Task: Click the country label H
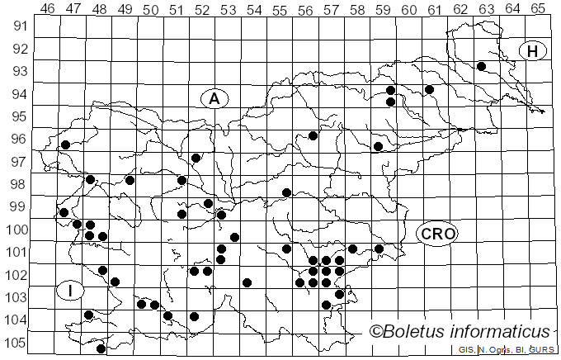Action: pyautogui.click(x=533, y=51)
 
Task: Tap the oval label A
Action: pyautogui.click(x=214, y=99)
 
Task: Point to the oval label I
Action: pyautogui.click(x=71, y=291)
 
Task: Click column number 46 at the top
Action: pyautogui.click(x=48, y=8)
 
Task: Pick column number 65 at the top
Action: pyautogui.click(x=537, y=8)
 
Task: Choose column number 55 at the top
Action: pyautogui.click(x=280, y=8)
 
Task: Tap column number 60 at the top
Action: pyautogui.click(x=408, y=8)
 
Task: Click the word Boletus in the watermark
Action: pyautogui.click(x=420, y=332)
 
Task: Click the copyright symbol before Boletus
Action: pyautogui.click(x=376, y=332)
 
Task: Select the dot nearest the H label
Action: pyautogui.click(x=481, y=66)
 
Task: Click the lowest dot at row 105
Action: pyautogui.click(x=101, y=348)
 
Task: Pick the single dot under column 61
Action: pyautogui.click(x=429, y=89)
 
